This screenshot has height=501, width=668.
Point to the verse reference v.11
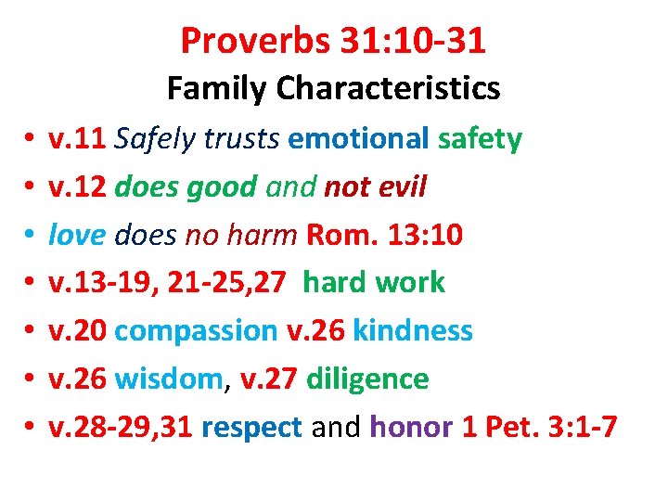coord(77,139)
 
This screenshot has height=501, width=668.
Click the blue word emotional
coord(358,139)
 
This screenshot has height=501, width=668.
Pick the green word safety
coord(480,139)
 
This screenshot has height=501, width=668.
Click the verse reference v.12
coord(77,187)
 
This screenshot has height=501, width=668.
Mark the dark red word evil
coord(398,187)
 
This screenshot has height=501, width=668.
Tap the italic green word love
coord(77,235)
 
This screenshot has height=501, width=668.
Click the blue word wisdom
coord(170,379)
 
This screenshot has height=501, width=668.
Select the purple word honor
coord(408,427)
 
